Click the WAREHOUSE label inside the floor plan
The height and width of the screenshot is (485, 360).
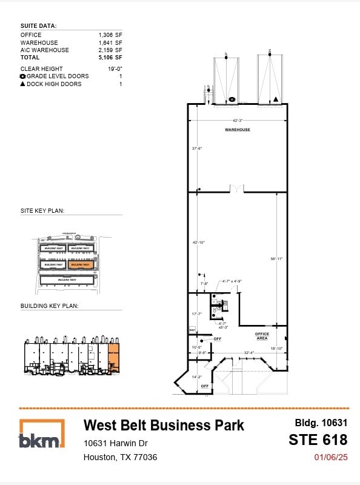click(x=238, y=130)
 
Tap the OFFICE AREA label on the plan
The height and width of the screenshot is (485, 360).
click(x=262, y=336)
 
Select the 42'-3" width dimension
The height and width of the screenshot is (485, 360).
click(x=238, y=120)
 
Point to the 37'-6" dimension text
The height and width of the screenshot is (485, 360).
click(x=196, y=148)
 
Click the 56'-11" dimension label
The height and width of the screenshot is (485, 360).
click(x=277, y=259)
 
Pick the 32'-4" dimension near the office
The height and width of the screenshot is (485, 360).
click(x=248, y=352)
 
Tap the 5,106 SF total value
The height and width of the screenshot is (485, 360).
click(x=110, y=58)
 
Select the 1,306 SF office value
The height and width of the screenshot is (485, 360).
click(x=110, y=35)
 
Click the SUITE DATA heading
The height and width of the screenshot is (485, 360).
click(x=38, y=26)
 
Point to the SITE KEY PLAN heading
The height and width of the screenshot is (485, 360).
click(x=42, y=211)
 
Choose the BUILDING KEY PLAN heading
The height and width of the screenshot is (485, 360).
click(x=49, y=306)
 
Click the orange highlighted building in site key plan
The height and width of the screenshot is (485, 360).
click(x=80, y=264)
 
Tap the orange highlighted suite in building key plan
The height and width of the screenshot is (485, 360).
click(x=114, y=358)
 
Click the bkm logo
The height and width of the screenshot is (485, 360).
click(x=41, y=434)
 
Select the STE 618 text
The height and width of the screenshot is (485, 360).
click(x=318, y=440)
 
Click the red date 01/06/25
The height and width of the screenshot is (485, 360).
click(x=331, y=458)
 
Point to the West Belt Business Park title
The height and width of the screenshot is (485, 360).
click(x=164, y=425)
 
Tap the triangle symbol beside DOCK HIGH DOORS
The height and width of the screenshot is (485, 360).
click(x=23, y=84)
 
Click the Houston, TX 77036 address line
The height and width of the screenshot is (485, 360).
click(x=120, y=457)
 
